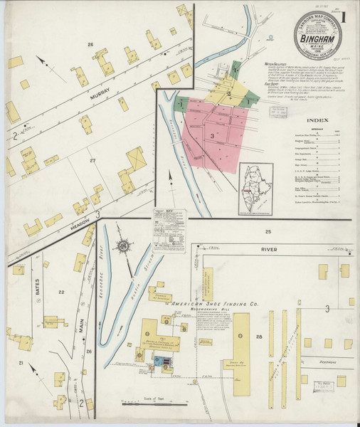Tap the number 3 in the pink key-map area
[212, 134]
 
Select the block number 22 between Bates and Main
[62, 292]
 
